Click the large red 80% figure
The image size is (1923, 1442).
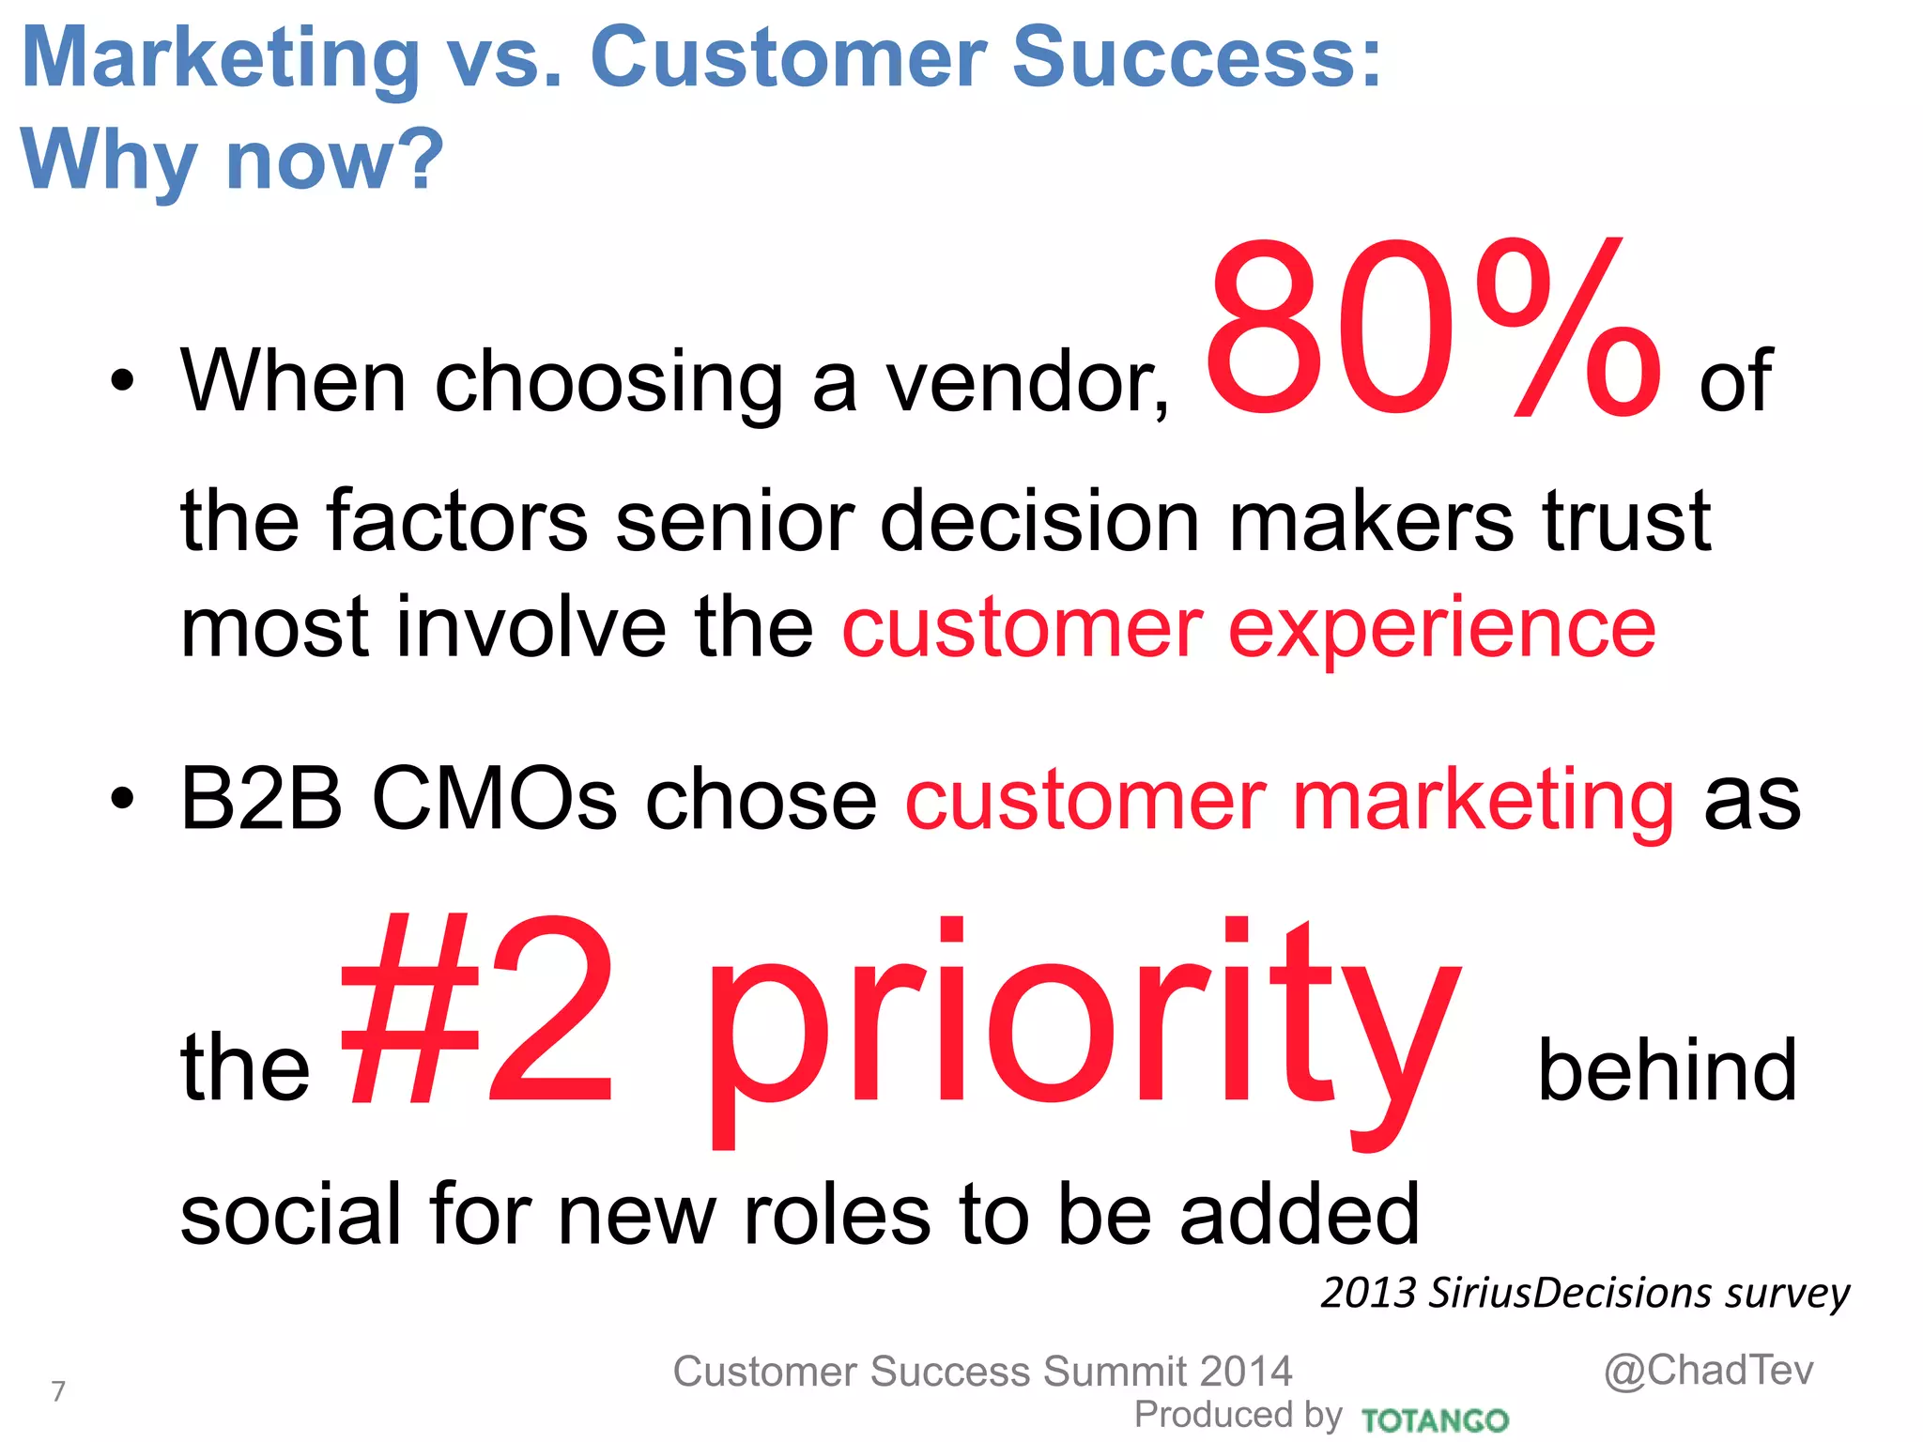[x=1432, y=330]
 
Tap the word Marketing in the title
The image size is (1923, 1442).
[x=221, y=58]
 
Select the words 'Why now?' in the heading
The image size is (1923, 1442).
[x=231, y=160]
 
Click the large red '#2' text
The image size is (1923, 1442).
[x=477, y=1014]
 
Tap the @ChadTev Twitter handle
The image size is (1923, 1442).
[x=1708, y=1371]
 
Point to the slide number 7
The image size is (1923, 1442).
[x=58, y=1391]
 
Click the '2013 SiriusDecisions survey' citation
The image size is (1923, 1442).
[x=1585, y=1294]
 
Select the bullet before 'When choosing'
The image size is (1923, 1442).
[x=122, y=382]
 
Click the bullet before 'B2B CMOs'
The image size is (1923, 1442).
[x=122, y=800]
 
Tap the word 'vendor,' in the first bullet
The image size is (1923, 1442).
[x=1028, y=382]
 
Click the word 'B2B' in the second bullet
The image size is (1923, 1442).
[x=261, y=800]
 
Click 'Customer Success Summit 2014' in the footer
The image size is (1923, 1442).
[x=982, y=1372]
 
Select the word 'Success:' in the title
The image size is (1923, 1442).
[x=1197, y=58]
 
